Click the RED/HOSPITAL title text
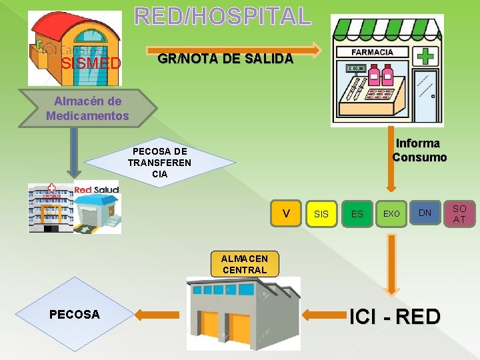(x=223, y=15)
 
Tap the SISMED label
(x=91, y=64)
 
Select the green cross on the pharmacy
(x=425, y=55)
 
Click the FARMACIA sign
(x=372, y=52)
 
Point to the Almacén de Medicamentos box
(x=87, y=108)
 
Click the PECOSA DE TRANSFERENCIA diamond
(x=160, y=163)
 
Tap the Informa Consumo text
(x=419, y=151)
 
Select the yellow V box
(x=286, y=213)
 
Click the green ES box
(x=357, y=213)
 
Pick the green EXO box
(x=391, y=213)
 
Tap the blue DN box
(x=425, y=213)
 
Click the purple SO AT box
(x=460, y=213)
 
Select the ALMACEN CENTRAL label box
(x=245, y=264)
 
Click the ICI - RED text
(x=395, y=316)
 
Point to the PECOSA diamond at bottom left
(x=75, y=314)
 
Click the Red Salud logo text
(x=96, y=190)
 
